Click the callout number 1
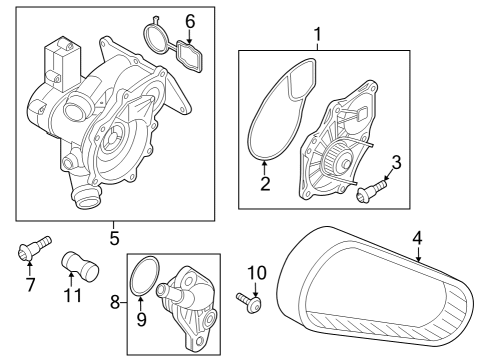tap(318, 34)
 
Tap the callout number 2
tap(265, 184)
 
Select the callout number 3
tap(396, 162)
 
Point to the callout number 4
tap(417, 238)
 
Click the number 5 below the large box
tap(114, 238)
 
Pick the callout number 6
tap(190, 22)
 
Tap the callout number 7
tap(30, 284)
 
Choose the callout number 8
tap(115, 303)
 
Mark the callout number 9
tap(141, 319)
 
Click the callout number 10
tap(257, 273)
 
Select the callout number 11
tap(72, 295)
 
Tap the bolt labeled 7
tap(34, 247)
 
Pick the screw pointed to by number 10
tap(249, 301)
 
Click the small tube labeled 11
tap(80, 265)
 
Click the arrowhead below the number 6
tap(189, 41)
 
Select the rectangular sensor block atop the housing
tap(61, 63)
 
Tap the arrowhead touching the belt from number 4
tap(418, 258)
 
